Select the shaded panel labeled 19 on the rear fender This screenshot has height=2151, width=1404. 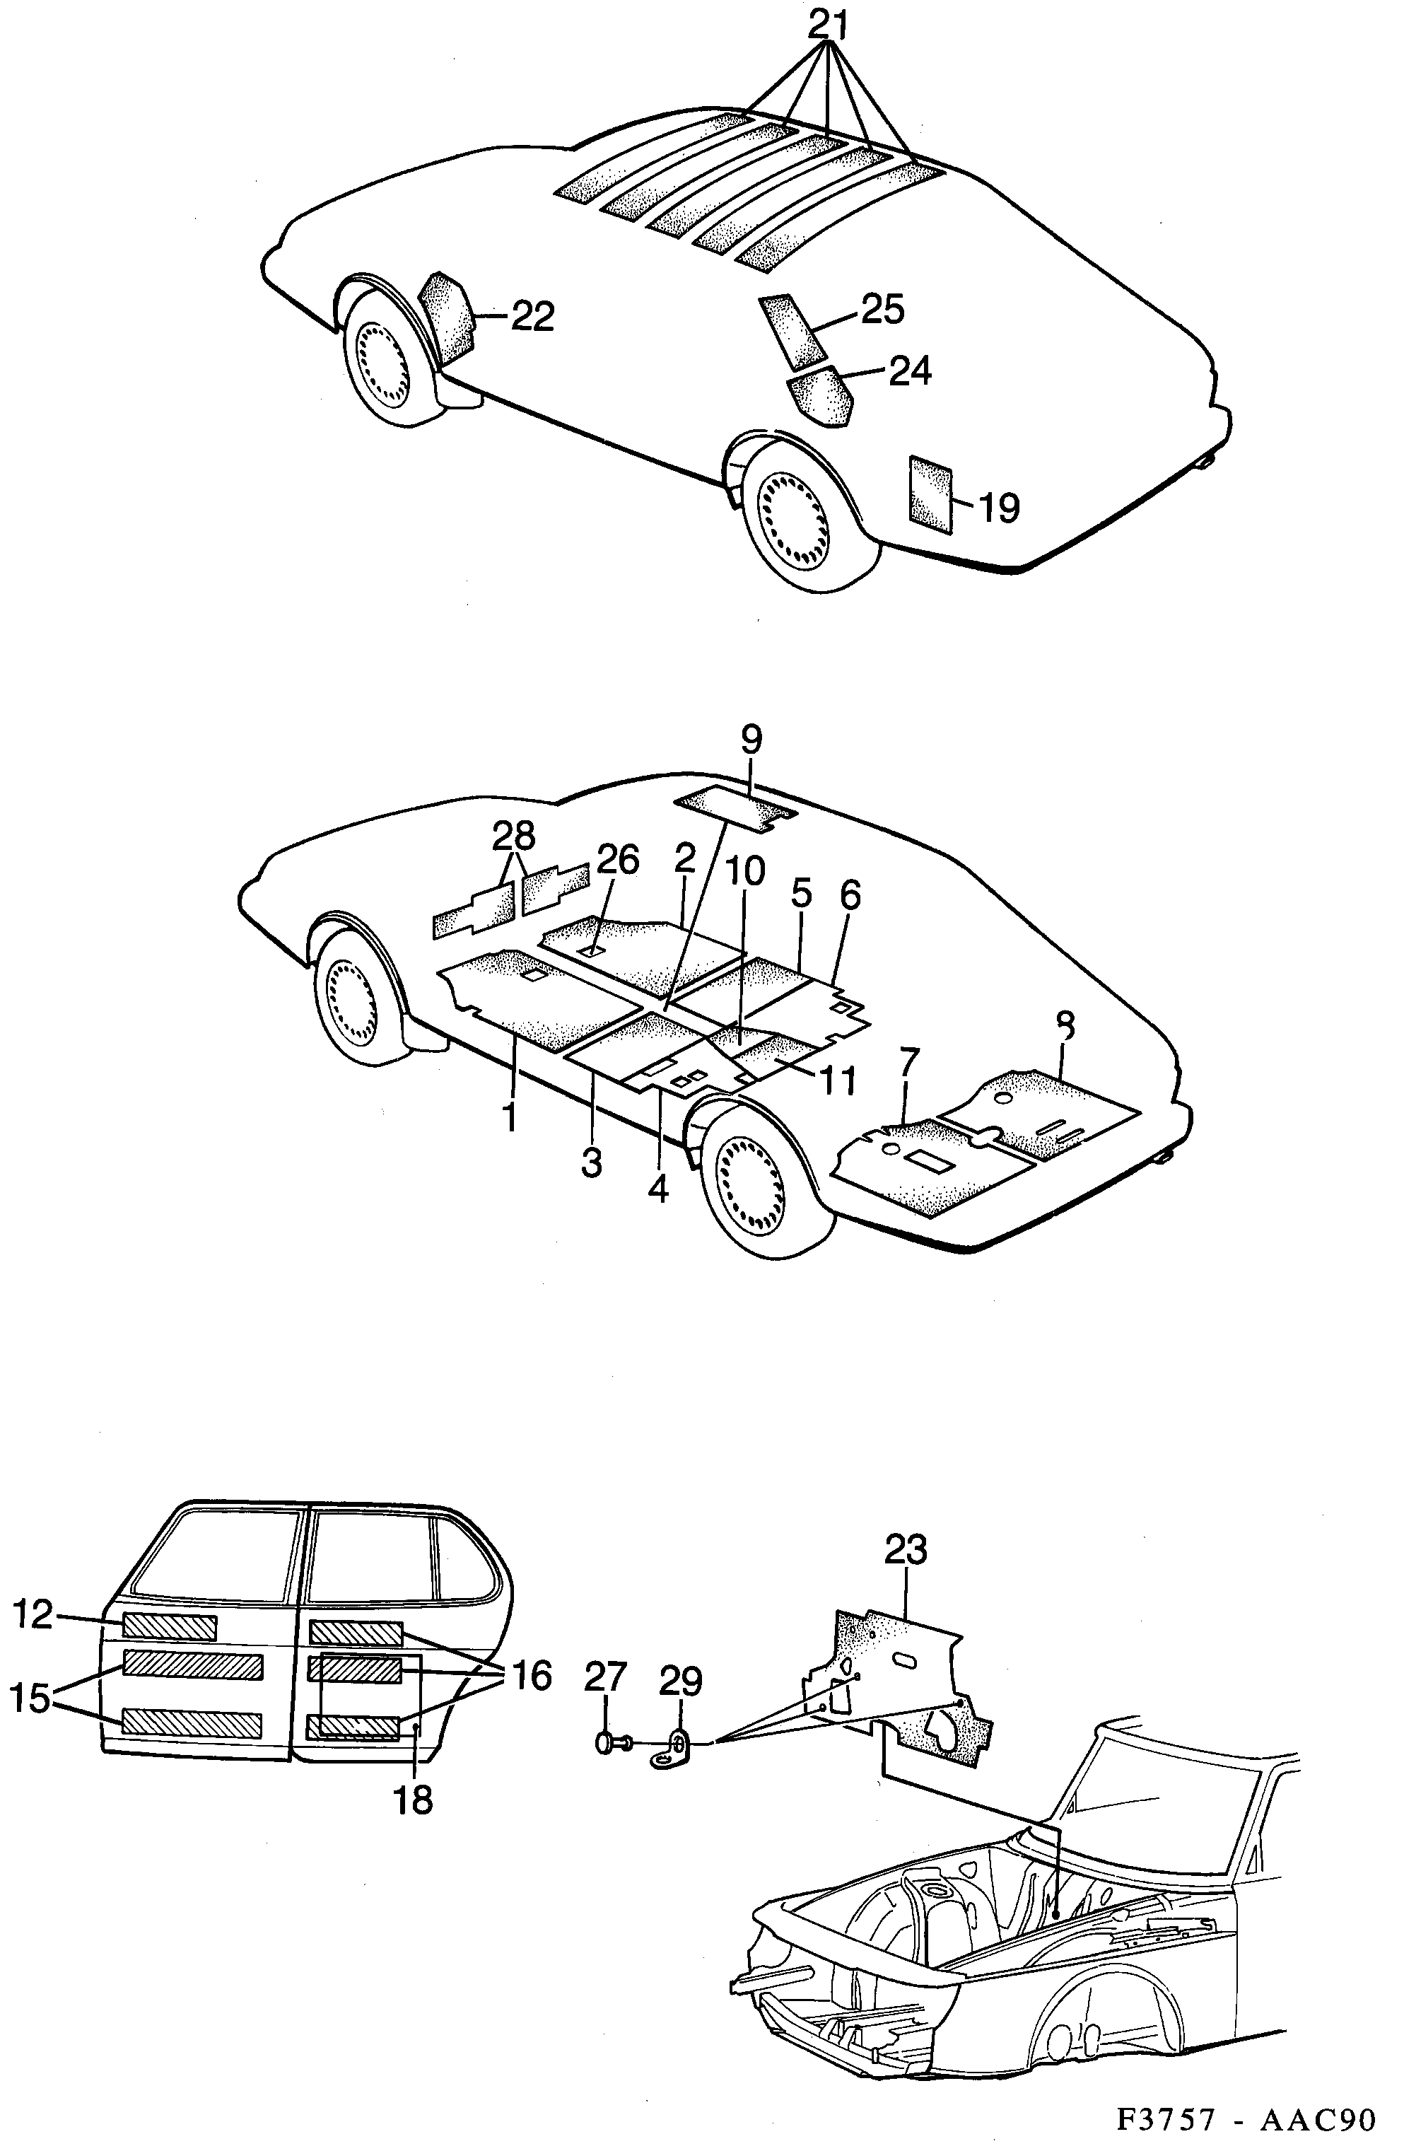[930, 494]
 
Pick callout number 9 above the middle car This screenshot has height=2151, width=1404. [751, 740]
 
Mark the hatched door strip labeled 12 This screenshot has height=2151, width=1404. [169, 1627]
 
